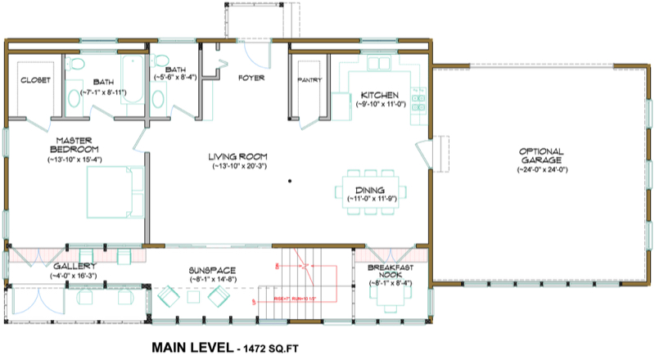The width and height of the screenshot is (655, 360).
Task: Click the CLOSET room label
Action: [x=34, y=80]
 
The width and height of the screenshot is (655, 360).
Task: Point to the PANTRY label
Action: [x=310, y=80]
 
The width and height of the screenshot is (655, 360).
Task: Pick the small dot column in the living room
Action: [x=289, y=181]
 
